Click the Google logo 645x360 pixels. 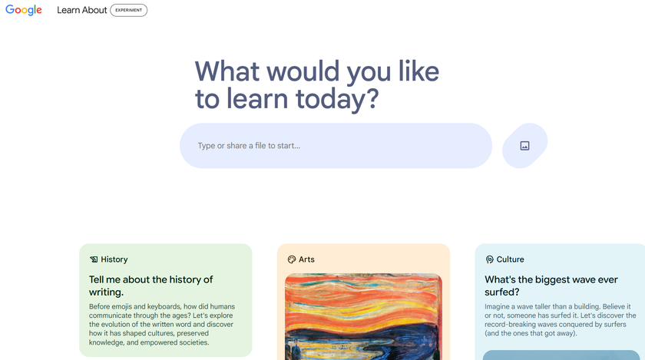tap(24, 11)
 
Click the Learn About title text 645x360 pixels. tap(81, 11)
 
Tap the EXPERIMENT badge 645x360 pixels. tap(128, 11)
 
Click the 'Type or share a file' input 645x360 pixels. tap(336, 146)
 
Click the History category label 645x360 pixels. tap(114, 259)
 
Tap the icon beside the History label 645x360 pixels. tap(94, 259)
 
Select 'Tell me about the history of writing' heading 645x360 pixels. tap(150, 286)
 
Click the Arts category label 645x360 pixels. tap(306, 259)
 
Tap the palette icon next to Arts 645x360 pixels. tap(292, 259)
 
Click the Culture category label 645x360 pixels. tap(511, 259)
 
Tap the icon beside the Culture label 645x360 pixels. tap(490, 259)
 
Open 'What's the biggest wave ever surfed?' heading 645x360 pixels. tap(551, 286)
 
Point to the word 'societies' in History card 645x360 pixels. tap(190, 342)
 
